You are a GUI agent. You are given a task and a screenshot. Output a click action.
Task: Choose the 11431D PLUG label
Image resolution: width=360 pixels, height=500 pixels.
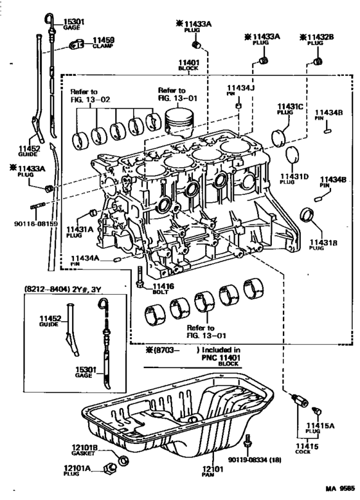[294, 178]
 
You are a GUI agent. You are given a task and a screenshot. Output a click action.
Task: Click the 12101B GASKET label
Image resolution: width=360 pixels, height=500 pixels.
[84, 450]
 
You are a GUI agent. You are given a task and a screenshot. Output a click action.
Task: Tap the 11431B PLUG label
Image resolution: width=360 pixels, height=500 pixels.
[323, 244]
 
